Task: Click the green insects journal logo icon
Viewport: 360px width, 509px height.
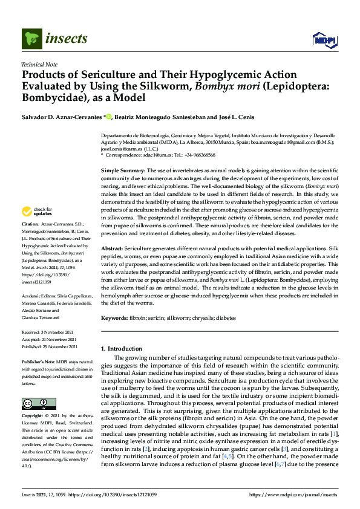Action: point(31,39)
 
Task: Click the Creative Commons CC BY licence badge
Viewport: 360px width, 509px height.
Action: point(35,386)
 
